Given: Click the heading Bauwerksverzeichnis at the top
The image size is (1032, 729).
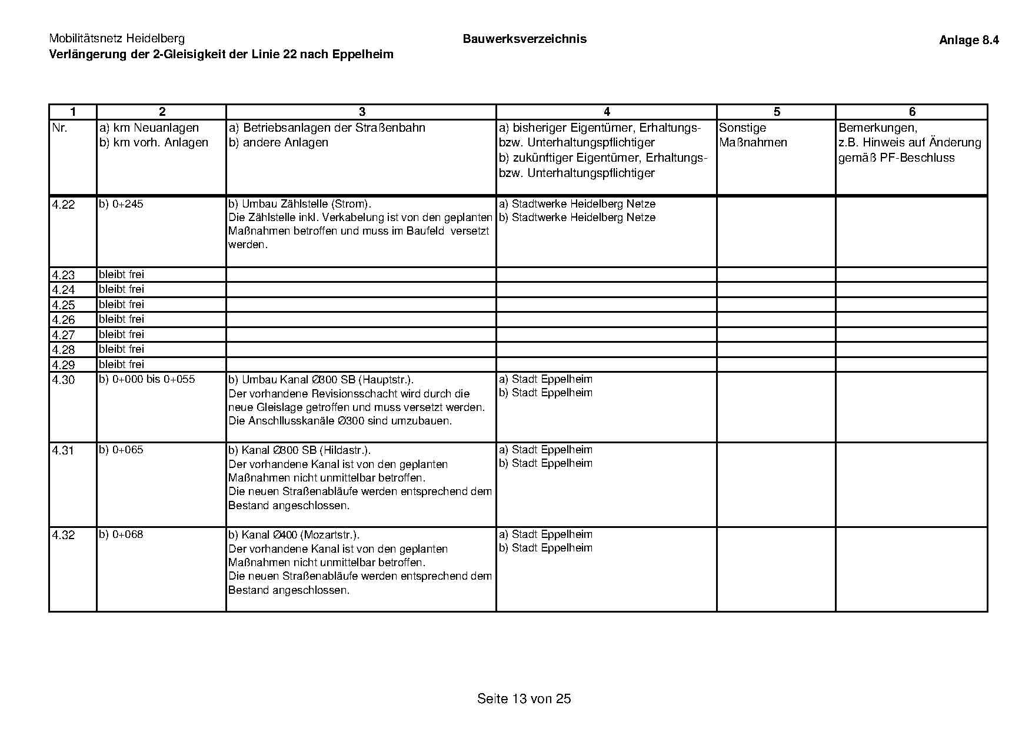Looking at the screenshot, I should point(524,39).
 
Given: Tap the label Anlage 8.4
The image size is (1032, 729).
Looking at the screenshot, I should point(968,41).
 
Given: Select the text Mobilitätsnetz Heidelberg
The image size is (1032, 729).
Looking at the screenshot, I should point(116,39).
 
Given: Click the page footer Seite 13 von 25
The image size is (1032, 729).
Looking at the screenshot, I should point(524,699).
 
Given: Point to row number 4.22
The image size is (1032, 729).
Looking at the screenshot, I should point(64,205).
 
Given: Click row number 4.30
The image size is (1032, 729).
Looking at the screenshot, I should point(64,380).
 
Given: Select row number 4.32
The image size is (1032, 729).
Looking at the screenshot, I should point(64,536).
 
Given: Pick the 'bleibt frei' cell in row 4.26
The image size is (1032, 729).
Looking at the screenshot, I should point(121,319).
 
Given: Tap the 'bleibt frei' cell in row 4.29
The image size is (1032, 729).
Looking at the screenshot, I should point(121,364).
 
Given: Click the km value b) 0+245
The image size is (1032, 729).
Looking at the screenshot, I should point(121,204).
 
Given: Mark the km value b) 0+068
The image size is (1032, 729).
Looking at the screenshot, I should point(121,534).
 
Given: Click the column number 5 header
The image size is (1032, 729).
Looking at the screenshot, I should point(777,112).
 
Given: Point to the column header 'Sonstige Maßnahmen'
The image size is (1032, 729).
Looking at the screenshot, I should point(753,135).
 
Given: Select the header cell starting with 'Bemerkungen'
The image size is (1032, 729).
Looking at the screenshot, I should point(910,143).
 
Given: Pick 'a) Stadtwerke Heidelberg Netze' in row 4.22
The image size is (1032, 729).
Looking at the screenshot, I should point(577,204).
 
